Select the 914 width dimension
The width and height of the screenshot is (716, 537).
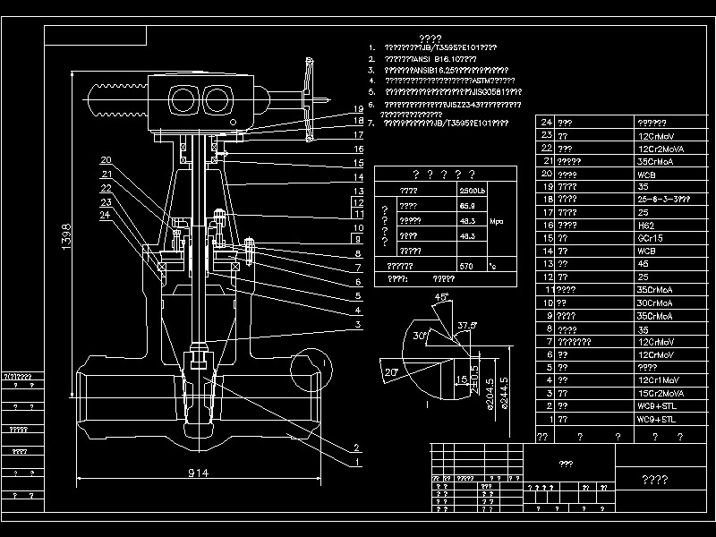198,472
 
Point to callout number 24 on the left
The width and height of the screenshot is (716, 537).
105,215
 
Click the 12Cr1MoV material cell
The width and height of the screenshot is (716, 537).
657,380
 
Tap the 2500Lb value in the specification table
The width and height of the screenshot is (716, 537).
472,191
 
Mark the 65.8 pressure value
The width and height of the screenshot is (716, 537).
465,206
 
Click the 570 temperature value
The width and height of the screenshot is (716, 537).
465,266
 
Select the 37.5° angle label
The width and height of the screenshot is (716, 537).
466,325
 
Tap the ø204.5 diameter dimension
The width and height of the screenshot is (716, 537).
489,391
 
